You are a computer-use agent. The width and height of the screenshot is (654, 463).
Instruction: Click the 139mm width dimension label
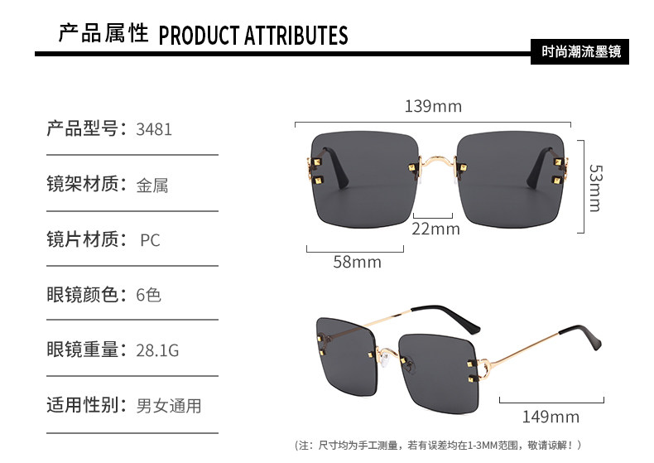pyautogui.click(x=433, y=106)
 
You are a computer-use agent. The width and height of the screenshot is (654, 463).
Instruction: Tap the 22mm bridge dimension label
pyautogui.click(x=435, y=229)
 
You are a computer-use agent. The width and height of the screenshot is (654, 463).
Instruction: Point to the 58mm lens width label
pyautogui.click(x=357, y=262)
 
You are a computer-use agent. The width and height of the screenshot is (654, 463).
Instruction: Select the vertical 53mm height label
pyautogui.click(x=595, y=188)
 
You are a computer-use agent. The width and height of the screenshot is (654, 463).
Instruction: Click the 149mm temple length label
pyautogui.click(x=551, y=417)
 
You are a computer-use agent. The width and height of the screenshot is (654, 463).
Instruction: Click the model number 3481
pyautogui.click(x=154, y=129)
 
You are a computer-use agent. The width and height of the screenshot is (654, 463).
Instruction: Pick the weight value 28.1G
pyautogui.click(x=157, y=350)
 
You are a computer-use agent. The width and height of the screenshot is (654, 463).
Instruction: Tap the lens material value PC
pyautogui.click(x=150, y=240)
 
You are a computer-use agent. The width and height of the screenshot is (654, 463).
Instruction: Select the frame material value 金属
pyautogui.click(x=152, y=186)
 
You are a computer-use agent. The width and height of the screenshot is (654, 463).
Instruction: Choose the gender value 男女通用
pyautogui.click(x=169, y=406)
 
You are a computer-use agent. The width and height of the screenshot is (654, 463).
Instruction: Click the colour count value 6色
pyautogui.click(x=148, y=295)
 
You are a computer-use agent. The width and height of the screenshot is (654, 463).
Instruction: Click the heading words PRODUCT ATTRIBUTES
pyautogui.click(x=253, y=36)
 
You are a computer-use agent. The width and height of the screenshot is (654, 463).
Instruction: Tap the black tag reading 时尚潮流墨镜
pyautogui.click(x=579, y=51)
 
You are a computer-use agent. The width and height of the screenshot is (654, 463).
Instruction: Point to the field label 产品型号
pyautogui.click(x=82, y=128)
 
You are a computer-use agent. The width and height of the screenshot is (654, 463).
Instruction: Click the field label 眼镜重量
pyautogui.click(x=82, y=350)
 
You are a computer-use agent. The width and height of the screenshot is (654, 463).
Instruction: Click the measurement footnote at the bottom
pyautogui.click(x=438, y=446)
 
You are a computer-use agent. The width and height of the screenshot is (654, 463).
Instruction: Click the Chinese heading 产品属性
pyautogui.click(x=103, y=33)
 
